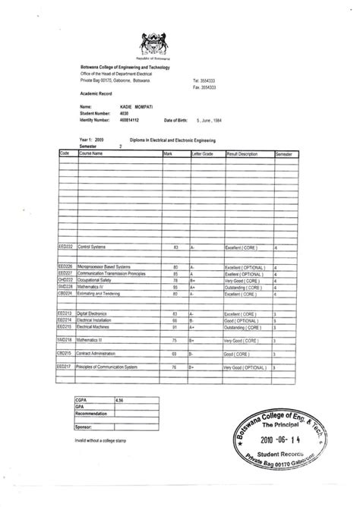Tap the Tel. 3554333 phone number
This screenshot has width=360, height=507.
click(x=204, y=80)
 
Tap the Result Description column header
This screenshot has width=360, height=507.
click(x=243, y=153)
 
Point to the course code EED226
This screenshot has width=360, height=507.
click(x=65, y=267)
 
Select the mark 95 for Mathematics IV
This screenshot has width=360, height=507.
click(x=175, y=288)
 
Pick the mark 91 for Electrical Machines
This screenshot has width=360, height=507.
click(x=175, y=326)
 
